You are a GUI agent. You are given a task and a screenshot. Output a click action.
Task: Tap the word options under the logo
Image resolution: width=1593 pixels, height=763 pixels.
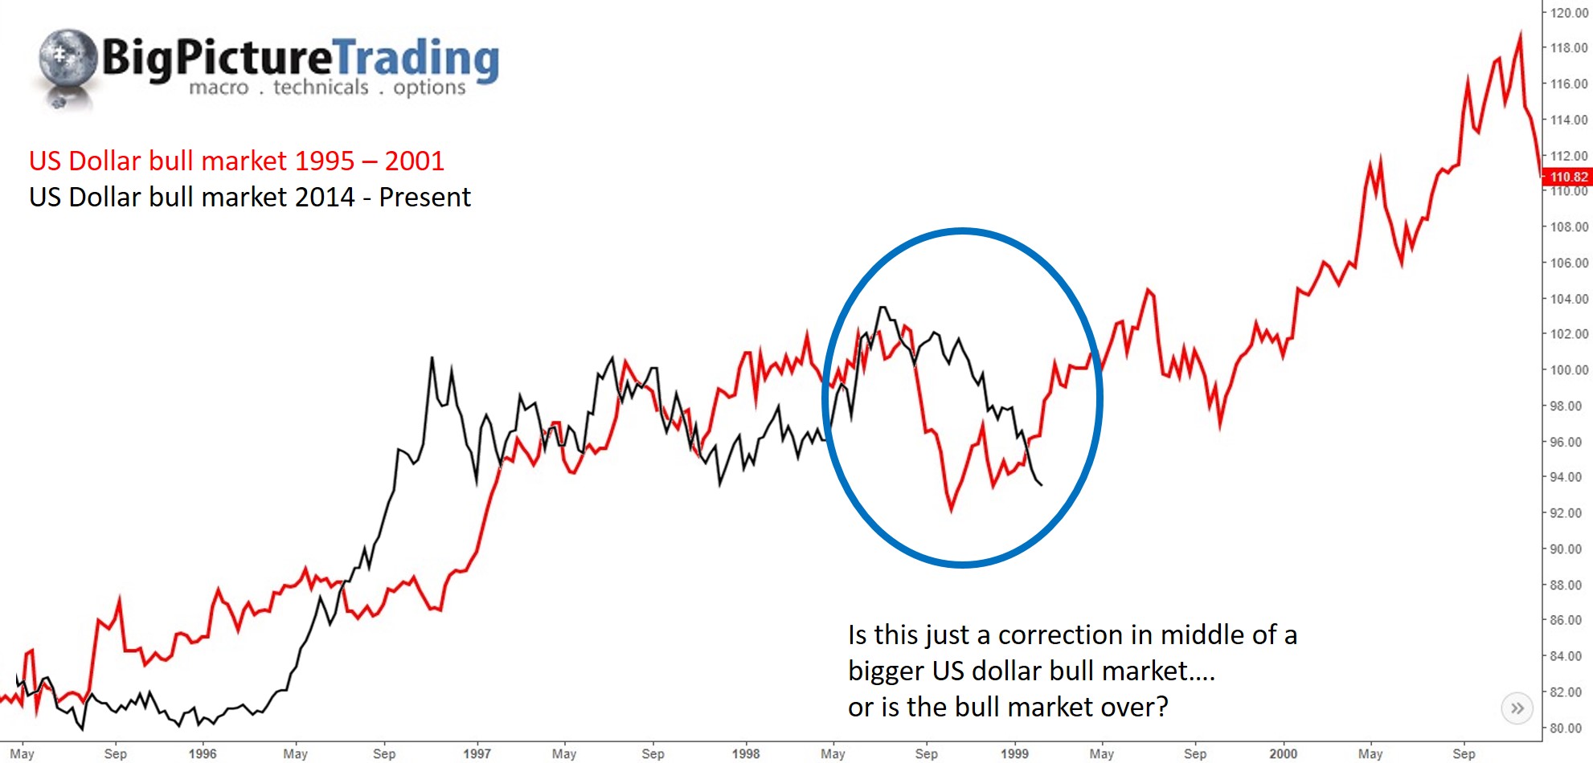(x=429, y=87)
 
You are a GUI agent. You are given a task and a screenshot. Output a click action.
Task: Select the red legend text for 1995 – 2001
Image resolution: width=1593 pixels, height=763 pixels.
(x=236, y=161)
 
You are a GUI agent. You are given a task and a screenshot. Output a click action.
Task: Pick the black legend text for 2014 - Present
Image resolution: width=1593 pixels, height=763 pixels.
(x=249, y=197)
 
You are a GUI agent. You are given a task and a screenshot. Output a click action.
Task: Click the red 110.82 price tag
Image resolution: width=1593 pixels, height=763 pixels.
(x=1568, y=177)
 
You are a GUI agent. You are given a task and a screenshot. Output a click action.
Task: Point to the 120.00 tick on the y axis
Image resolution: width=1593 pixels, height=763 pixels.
(x=1568, y=13)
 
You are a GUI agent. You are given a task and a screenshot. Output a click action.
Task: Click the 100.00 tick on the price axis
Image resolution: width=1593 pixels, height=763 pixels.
(x=1568, y=370)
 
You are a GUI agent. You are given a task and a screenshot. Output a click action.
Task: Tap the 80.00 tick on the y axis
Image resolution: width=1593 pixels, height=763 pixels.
(x=1566, y=728)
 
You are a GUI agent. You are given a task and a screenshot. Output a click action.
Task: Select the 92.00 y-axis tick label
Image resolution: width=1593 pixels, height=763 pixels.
(x=1566, y=513)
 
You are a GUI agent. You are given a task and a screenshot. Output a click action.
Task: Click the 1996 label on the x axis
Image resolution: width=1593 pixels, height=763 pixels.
(x=203, y=753)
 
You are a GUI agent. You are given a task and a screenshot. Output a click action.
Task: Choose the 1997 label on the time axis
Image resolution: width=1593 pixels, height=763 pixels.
(x=477, y=753)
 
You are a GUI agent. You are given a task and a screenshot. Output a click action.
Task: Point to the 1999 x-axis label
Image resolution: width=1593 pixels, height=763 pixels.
(x=1014, y=753)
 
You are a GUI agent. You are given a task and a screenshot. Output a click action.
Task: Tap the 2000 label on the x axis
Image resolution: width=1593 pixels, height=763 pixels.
(x=1283, y=753)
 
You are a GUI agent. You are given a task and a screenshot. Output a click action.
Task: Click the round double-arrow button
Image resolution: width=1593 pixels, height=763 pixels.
(x=1517, y=708)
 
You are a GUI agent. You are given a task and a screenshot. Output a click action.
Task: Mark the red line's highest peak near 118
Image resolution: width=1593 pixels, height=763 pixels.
(x=1520, y=35)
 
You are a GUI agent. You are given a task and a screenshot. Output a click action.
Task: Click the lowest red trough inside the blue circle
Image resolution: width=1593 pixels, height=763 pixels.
(x=952, y=509)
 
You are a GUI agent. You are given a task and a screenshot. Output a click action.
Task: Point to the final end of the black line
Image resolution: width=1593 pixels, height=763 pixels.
(x=1042, y=484)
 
